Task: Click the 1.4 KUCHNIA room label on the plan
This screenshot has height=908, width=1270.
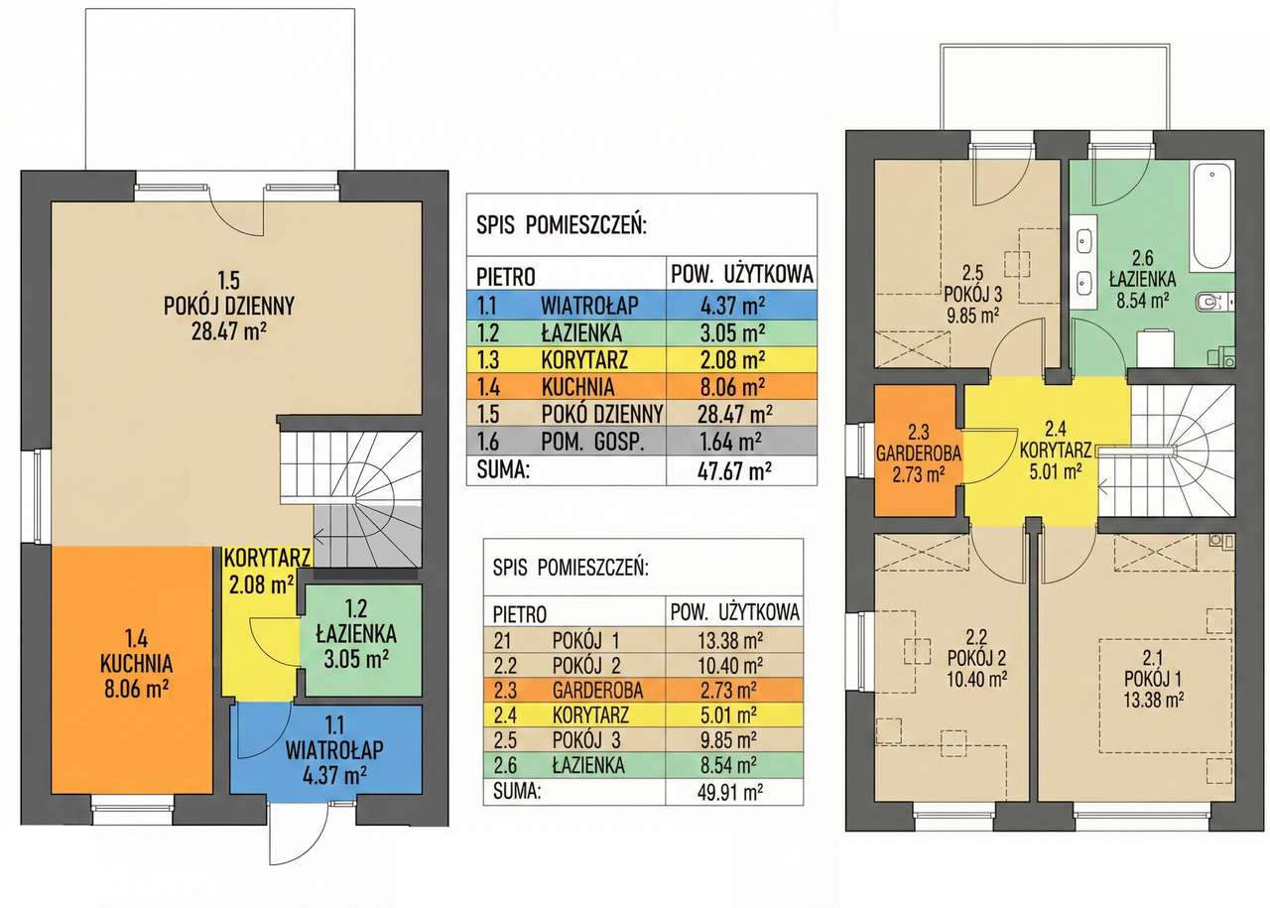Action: click(137, 664)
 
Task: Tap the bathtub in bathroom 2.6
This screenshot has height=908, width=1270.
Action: click(1212, 217)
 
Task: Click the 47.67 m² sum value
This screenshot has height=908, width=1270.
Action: click(734, 470)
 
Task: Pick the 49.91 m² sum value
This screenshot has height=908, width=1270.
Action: click(730, 792)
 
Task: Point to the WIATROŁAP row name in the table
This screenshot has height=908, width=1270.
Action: click(589, 306)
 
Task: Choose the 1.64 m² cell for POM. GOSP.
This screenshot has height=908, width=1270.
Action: click(731, 442)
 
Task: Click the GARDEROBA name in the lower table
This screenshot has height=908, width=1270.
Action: click(597, 691)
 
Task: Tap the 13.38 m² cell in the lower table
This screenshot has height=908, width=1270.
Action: click(730, 641)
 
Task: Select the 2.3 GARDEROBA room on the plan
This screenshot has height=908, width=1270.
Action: click(919, 452)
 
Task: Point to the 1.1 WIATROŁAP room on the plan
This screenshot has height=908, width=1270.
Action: click(326, 749)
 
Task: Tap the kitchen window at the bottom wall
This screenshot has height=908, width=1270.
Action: click(133, 810)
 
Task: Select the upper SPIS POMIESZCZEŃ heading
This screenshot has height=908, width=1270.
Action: click(562, 225)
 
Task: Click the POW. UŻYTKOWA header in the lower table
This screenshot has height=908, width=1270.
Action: click(735, 611)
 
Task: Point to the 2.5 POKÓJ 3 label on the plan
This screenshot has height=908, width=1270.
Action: click(973, 294)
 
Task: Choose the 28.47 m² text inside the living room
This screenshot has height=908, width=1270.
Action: click(229, 331)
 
